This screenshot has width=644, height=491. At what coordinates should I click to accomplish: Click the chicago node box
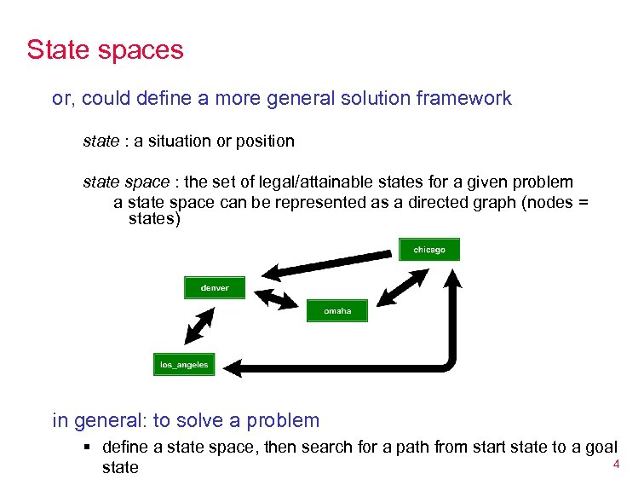click(429, 249)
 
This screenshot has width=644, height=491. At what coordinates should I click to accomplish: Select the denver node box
click(215, 288)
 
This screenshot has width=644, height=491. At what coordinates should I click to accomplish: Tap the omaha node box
click(337, 311)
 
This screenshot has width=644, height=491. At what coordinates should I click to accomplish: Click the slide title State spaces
click(105, 49)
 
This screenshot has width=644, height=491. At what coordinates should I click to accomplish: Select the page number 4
click(615, 464)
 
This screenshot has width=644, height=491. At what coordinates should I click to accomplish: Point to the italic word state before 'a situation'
click(101, 141)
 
